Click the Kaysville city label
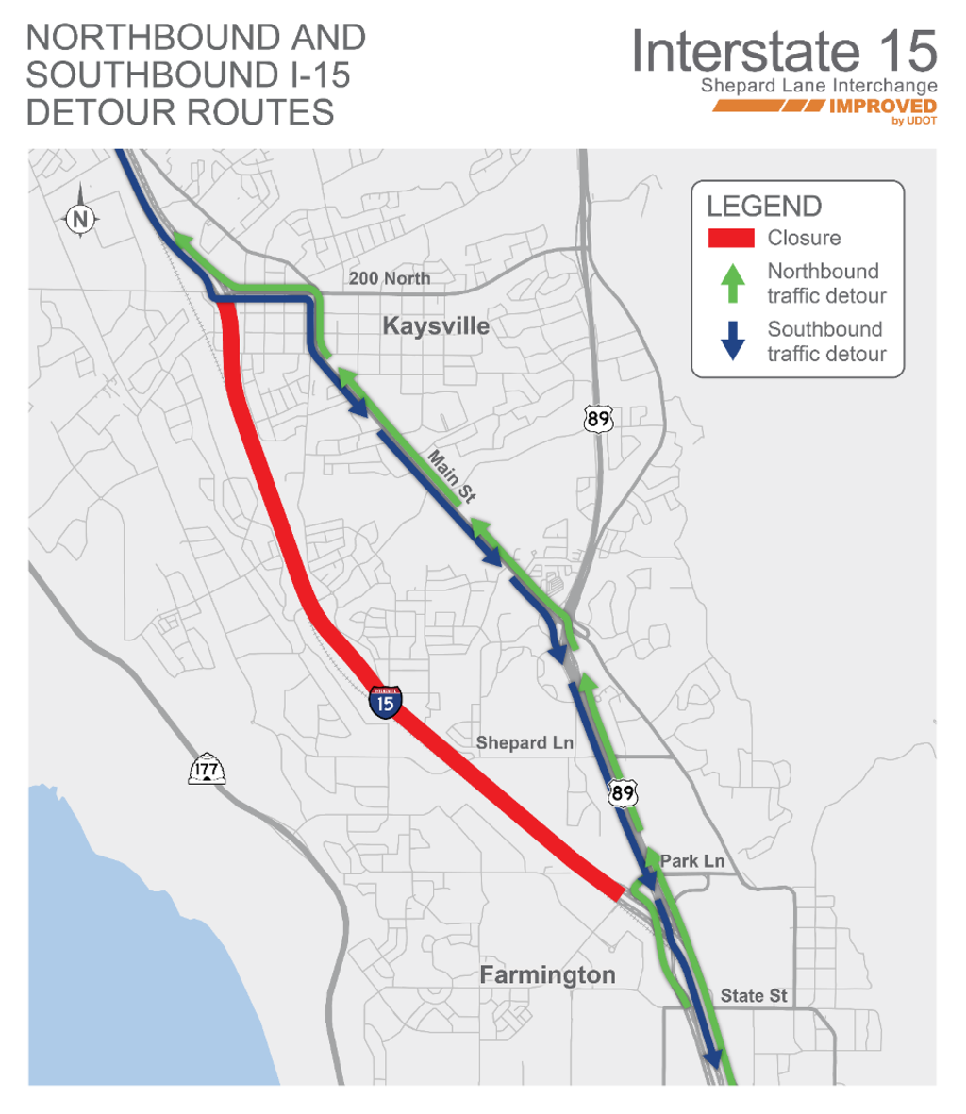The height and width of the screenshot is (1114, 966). tap(436, 326)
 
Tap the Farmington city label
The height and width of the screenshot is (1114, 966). tap(547, 974)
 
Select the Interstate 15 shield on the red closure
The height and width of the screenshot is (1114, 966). tap(386, 702)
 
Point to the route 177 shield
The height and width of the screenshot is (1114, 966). tap(207, 770)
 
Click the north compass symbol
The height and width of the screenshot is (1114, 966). tap(80, 220)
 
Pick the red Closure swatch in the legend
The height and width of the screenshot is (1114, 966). tap(731, 239)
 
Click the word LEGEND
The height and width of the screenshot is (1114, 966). tap(764, 207)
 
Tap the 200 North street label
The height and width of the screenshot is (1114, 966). tap(390, 278)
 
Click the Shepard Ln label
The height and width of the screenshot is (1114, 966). tap(525, 742)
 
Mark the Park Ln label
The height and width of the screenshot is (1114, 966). tap(692, 860)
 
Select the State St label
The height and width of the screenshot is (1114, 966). tap(753, 995)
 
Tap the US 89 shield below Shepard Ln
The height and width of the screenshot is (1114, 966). tap(623, 792)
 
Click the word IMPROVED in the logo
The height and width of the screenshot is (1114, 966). tap(881, 106)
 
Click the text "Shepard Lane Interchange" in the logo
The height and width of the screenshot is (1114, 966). tap(819, 86)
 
